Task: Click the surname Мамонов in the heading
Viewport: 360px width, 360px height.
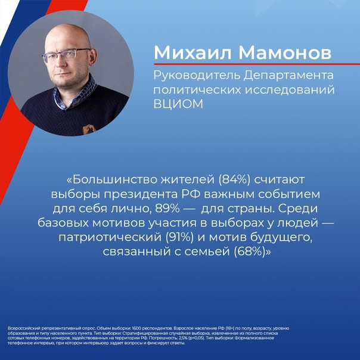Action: pos(285,52)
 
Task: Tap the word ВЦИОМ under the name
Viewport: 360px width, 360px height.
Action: pos(178,104)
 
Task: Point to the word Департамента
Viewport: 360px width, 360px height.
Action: pos(288,76)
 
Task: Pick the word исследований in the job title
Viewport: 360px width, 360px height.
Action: pos(290,89)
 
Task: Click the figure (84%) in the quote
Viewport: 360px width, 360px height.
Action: pos(234,179)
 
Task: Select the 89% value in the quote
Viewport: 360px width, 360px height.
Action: pos(167,209)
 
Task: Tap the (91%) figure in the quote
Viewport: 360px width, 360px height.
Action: pos(179,237)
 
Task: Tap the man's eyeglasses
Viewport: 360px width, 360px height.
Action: pos(67,55)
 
